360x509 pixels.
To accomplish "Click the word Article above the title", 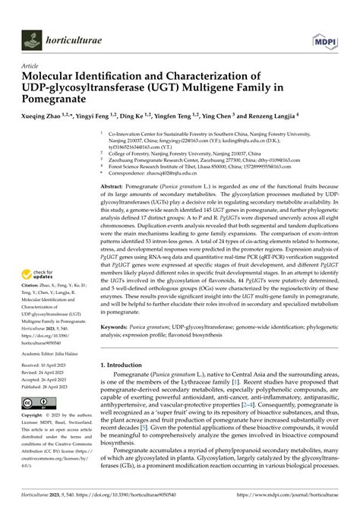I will point(31,66).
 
